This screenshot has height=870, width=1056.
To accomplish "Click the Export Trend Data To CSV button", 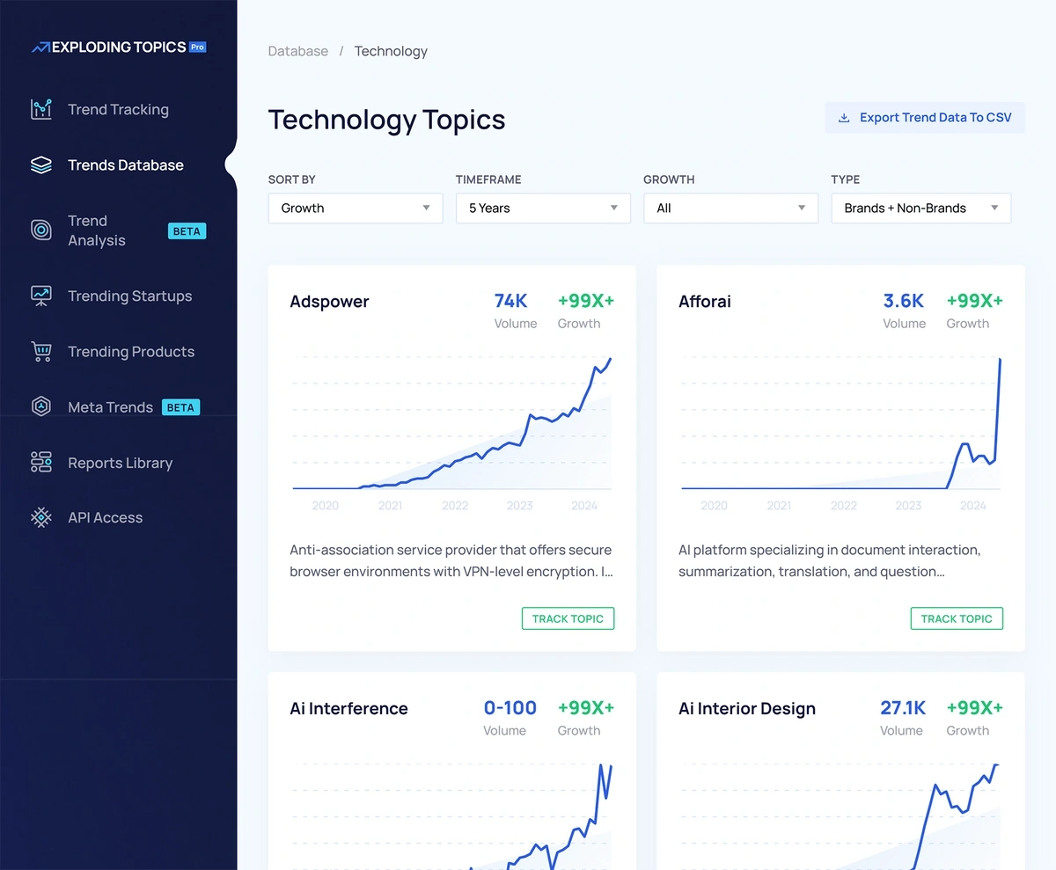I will click(925, 118).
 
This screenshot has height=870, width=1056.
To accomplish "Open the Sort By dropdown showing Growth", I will click(355, 208).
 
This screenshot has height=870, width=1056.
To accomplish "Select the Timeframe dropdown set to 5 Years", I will click(542, 208).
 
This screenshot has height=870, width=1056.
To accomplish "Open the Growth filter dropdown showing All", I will click(730, 208).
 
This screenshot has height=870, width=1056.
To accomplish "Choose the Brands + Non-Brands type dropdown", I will click(920, 208).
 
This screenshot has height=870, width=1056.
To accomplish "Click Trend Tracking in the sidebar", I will click(118, 110).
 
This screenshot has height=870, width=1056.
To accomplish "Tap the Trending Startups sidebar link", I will click(129, 296).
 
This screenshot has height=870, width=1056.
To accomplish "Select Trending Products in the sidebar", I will click(131, 352).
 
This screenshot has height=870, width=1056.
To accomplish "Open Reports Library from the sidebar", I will click(120, 464).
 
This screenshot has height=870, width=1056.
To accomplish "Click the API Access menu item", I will click(105, 518).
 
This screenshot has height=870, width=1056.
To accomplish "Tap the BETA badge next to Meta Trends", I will click(180, 407).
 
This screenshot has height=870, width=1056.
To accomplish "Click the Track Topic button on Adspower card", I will click(568, 618).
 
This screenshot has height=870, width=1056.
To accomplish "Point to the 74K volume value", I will click(510, 301).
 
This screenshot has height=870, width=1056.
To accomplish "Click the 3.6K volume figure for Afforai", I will click(903, 301).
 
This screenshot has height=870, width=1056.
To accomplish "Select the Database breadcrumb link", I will click(297, 51).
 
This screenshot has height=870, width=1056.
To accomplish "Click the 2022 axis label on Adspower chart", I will click(455, 506).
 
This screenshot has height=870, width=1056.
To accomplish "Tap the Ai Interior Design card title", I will click(746, 709).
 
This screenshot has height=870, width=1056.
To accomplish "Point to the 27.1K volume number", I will click(903, 708).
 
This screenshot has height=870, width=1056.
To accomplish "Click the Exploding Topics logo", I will click(119, 48).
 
